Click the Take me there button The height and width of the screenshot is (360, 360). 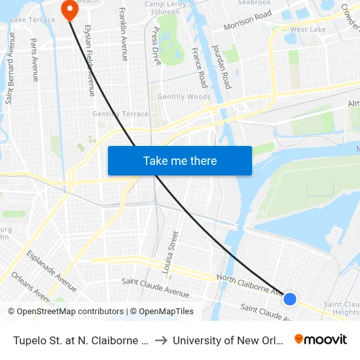coord(180,161)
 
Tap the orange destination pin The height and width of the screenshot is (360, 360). coord(68,9)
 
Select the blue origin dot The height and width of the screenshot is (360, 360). coord(290,298)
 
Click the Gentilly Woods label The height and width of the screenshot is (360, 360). coord(184,97)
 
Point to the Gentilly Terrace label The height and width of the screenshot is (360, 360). coord(120,114)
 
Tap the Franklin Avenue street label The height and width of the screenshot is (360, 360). coord(123,35)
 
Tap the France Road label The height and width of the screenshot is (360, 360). coord(200,67)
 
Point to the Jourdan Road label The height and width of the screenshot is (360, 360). coord(223,66)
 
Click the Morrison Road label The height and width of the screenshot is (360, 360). coord(247,21)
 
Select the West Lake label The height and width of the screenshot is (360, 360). coord(308,29)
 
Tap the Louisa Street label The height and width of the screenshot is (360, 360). coord(174,251)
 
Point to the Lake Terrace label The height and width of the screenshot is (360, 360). coord(33,20)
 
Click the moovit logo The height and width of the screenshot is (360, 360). coord(321,340)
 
